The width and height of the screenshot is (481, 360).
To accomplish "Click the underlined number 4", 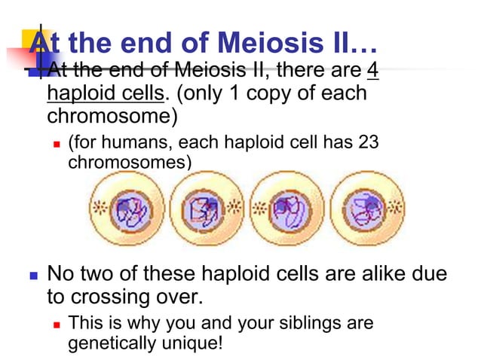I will (372, 72).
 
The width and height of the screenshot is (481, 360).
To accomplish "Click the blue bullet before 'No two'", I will (32, 273).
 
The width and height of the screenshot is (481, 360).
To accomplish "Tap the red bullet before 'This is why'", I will (57, 324).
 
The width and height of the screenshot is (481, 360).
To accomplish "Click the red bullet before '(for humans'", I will (57, 144).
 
